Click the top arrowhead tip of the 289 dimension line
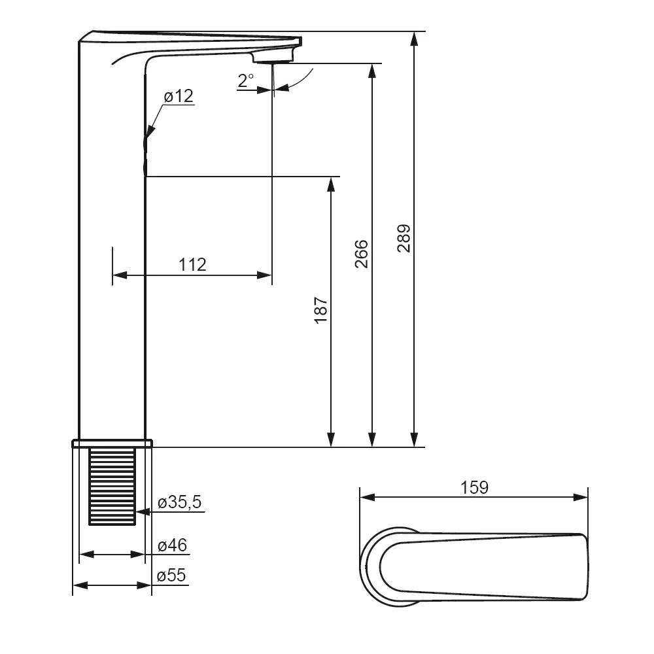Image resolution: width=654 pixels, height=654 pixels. (414, 31)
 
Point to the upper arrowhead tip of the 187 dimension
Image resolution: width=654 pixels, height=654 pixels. (331, 177)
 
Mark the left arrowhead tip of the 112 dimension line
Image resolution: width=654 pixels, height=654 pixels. (113, 275)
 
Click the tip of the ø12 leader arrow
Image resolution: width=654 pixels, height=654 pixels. (146, 137)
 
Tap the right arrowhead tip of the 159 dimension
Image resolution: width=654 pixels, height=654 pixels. (587, 497)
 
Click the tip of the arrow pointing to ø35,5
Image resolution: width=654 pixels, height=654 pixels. (137, 512)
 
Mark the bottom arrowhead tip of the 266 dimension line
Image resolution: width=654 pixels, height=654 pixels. (373, 447)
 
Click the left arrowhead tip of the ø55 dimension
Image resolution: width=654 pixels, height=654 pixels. (73, 585)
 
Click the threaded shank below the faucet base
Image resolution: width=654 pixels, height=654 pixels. (112, 486)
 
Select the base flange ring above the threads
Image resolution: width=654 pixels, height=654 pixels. (112, 443)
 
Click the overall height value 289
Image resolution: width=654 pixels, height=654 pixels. (404, 238)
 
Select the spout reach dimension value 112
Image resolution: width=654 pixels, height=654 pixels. (192, 264)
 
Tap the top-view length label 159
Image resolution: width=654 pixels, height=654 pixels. (474, 487)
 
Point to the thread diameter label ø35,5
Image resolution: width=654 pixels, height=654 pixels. (179, 502)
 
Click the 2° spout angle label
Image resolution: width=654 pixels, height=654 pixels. (246, 80)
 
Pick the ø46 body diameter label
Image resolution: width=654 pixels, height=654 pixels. (172, 545)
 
